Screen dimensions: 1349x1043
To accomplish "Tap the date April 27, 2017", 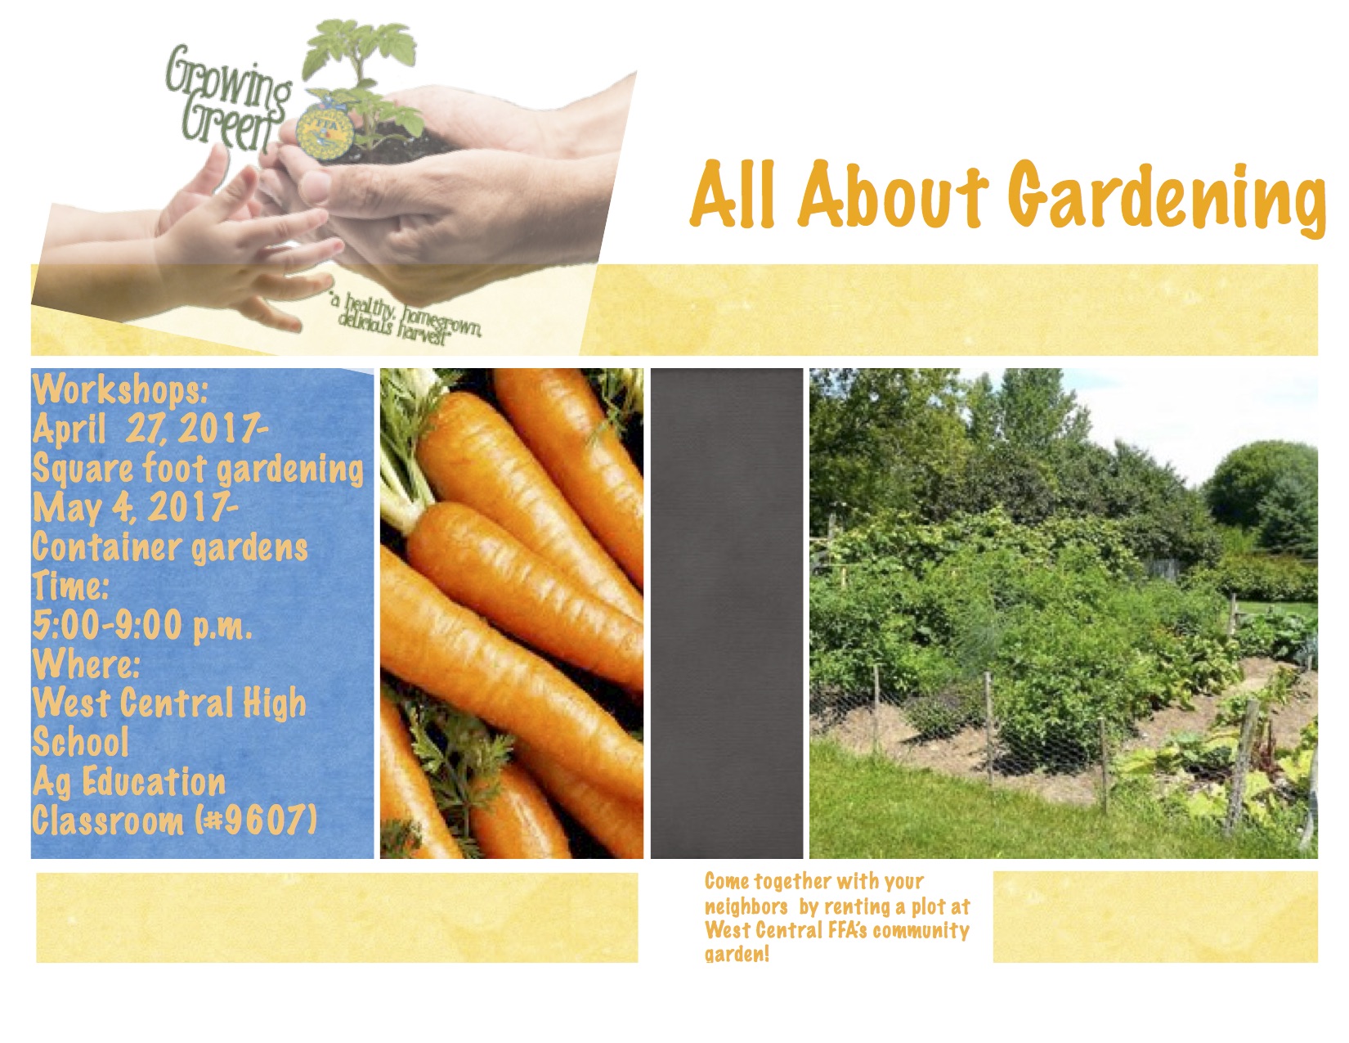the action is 150,429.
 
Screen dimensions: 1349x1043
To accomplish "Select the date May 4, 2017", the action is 135,508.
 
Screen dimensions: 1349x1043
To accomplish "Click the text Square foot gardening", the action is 198,470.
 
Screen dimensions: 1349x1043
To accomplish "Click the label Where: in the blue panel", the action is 87,665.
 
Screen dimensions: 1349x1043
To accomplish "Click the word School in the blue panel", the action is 81,742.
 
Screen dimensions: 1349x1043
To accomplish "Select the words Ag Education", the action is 129,782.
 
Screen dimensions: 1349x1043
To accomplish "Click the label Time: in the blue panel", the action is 70,587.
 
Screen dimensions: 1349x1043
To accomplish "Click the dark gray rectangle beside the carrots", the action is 726,614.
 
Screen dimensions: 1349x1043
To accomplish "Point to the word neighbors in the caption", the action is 746,907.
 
